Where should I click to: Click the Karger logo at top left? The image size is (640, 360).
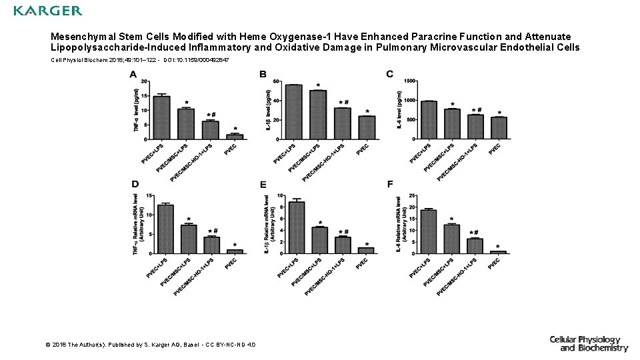pos(47,11)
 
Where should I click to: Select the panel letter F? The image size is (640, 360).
pos(390,184)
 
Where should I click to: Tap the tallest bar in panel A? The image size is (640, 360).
pos(161,117)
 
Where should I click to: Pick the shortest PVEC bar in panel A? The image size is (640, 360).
pos(235,137)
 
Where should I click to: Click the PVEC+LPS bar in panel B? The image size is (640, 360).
pos(293,111)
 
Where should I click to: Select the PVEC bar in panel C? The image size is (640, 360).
pos(499,128)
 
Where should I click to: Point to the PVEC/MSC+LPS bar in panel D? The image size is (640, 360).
pos(189,239)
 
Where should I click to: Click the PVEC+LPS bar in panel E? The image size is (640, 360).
pos(297,227)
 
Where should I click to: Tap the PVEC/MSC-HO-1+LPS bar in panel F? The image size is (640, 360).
pos(475,245)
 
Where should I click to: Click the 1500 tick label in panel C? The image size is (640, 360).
pos(409,81)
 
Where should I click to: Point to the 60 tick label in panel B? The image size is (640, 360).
pos(277,81)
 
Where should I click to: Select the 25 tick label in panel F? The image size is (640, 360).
pos(413,196)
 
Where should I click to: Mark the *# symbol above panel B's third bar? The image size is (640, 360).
pos(343,103)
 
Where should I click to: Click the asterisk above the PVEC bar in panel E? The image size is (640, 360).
pos(367,244)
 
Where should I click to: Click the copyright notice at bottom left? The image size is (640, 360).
pos(149,345)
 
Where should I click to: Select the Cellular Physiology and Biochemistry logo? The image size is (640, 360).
pos(589,343)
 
